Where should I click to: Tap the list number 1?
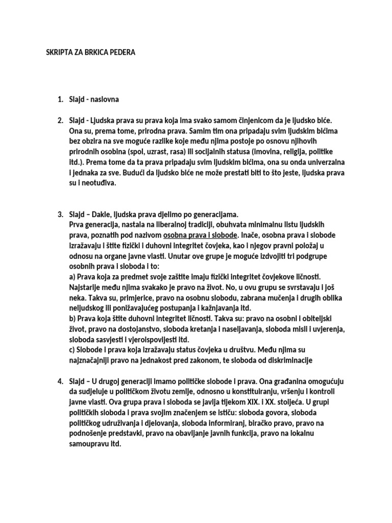tap(60, 99)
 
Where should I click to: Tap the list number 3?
tap(60, 213)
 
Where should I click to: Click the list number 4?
tap(60, 381)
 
